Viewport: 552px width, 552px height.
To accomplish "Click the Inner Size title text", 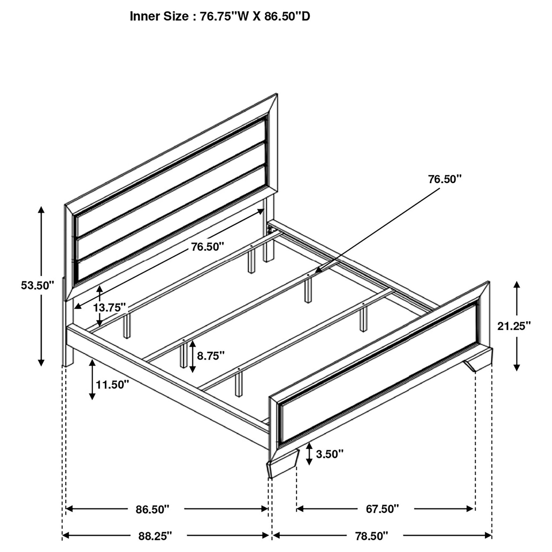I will [220, 16].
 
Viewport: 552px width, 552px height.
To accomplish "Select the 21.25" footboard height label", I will [514, 326].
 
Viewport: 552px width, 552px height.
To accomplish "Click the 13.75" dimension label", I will [110, 308].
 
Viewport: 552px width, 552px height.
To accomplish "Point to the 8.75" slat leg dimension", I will [210, 356].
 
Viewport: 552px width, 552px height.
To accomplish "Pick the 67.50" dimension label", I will [382, 509].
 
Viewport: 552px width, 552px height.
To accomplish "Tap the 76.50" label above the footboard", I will [444, 179].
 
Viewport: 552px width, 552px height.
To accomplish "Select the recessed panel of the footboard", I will [377, 371].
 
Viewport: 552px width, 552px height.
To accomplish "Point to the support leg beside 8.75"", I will [183, 356].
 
